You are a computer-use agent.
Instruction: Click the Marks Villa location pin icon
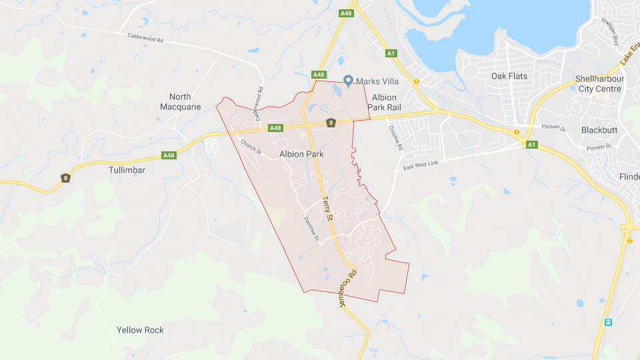(347, 80)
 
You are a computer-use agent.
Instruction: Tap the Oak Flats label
(509, 76)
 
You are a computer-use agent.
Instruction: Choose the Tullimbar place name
(127, 170)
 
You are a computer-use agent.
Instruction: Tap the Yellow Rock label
(140, 330)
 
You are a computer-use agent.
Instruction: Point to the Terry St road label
(327, 209)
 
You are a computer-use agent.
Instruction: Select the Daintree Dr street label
(311, 229)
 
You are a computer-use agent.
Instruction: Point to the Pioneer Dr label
(553, 127)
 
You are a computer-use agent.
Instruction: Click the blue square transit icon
(608, 322)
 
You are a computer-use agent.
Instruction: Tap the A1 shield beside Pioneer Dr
(531, 145)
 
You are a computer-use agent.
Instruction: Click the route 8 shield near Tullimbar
(65, 178)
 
